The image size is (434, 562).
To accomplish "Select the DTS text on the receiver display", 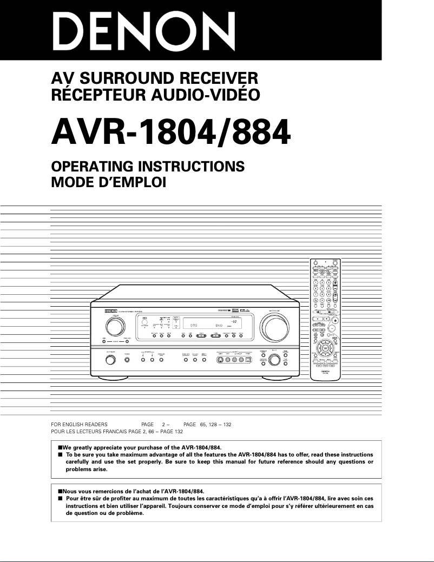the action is click(190, 325).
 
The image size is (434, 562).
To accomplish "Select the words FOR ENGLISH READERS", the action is click(79, 425).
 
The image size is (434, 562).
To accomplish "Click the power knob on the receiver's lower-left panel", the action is click(110, 360).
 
